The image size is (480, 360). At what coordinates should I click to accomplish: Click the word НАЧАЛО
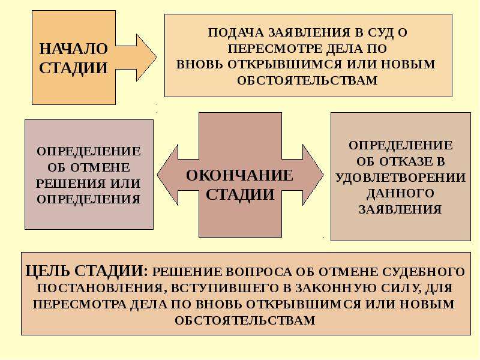pos(73,49)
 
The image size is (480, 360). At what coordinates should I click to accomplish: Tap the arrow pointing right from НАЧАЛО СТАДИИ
pos(136,58)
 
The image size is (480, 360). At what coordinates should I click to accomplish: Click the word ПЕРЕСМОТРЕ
pos(272,49)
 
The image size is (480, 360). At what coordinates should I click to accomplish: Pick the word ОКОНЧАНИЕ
pos(239,176)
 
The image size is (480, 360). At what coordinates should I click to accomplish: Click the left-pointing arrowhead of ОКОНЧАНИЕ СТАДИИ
pos(168,175)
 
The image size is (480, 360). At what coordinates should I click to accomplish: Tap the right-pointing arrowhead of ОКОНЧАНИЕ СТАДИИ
pos(313,175)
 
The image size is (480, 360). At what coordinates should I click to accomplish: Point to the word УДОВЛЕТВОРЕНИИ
pos(401,178)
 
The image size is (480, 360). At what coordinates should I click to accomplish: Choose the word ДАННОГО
pos(400,193)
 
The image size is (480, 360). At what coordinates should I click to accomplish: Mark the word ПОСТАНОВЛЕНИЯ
pos(100,289)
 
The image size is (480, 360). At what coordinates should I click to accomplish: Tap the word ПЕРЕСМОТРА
pos(79,304)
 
